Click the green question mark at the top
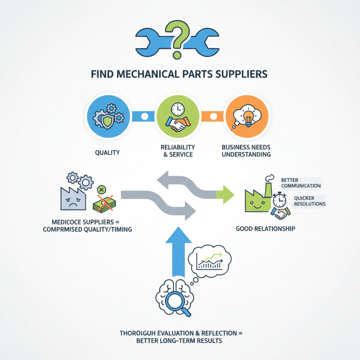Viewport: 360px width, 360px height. pyautogui.click(x=180, y=39)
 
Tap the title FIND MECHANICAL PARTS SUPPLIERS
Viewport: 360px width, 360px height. pyautogui.click(x=180, y=74)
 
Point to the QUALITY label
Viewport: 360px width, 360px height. pyautogui.click(x=108, y=153)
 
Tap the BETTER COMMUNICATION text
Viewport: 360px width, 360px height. pyautogui.click(x=300, y=183)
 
